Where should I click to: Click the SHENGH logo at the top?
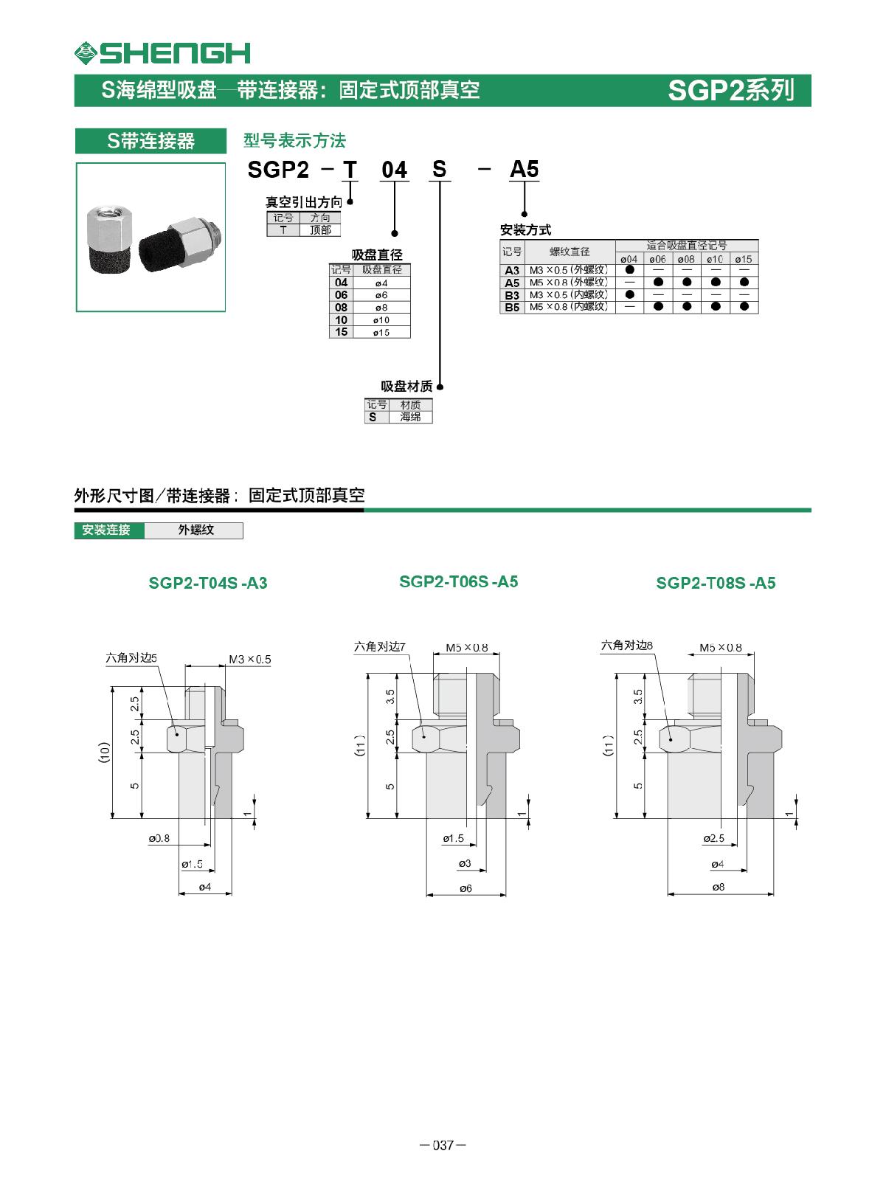[162, 52]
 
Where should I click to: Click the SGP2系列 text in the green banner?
[730, 90]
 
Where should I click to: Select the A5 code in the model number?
[524, 169]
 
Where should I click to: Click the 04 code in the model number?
[394, 170]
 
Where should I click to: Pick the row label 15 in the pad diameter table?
[341, 332]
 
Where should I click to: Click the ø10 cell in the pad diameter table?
[381, 320]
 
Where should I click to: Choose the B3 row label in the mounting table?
[512, 295]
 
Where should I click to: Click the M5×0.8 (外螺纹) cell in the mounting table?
[568, 283]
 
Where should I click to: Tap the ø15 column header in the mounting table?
[743, 259]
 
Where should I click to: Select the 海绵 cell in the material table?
[410, 417]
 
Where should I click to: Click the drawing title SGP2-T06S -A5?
[458, 581]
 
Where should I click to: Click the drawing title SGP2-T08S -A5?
[716, 583]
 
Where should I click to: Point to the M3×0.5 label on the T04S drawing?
[249, 659]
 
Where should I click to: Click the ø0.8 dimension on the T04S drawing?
[159, 838]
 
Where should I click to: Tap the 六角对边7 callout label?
[379, 646]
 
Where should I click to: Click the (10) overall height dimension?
[104, 752]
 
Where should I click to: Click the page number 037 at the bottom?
[443, 1145]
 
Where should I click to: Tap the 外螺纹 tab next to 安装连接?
[195, 530]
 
